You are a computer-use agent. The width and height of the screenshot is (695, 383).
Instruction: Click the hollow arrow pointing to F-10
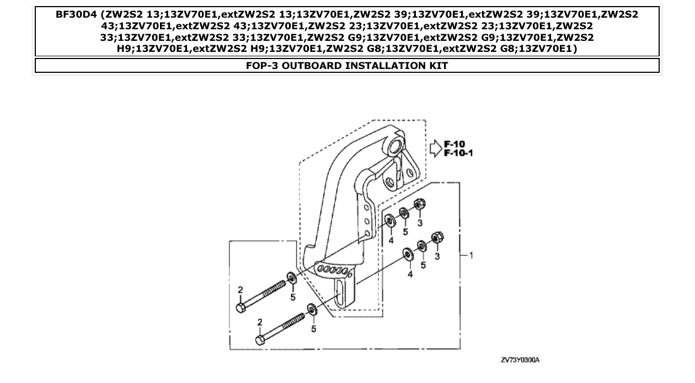435,148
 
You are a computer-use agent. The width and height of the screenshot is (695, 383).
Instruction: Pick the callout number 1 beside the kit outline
471,255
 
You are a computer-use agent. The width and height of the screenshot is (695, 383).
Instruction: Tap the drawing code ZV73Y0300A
520,360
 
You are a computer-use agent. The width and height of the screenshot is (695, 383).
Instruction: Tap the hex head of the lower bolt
260,339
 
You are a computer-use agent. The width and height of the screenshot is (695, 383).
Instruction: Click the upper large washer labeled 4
389,222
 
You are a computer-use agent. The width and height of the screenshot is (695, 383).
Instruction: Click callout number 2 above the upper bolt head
240,289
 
